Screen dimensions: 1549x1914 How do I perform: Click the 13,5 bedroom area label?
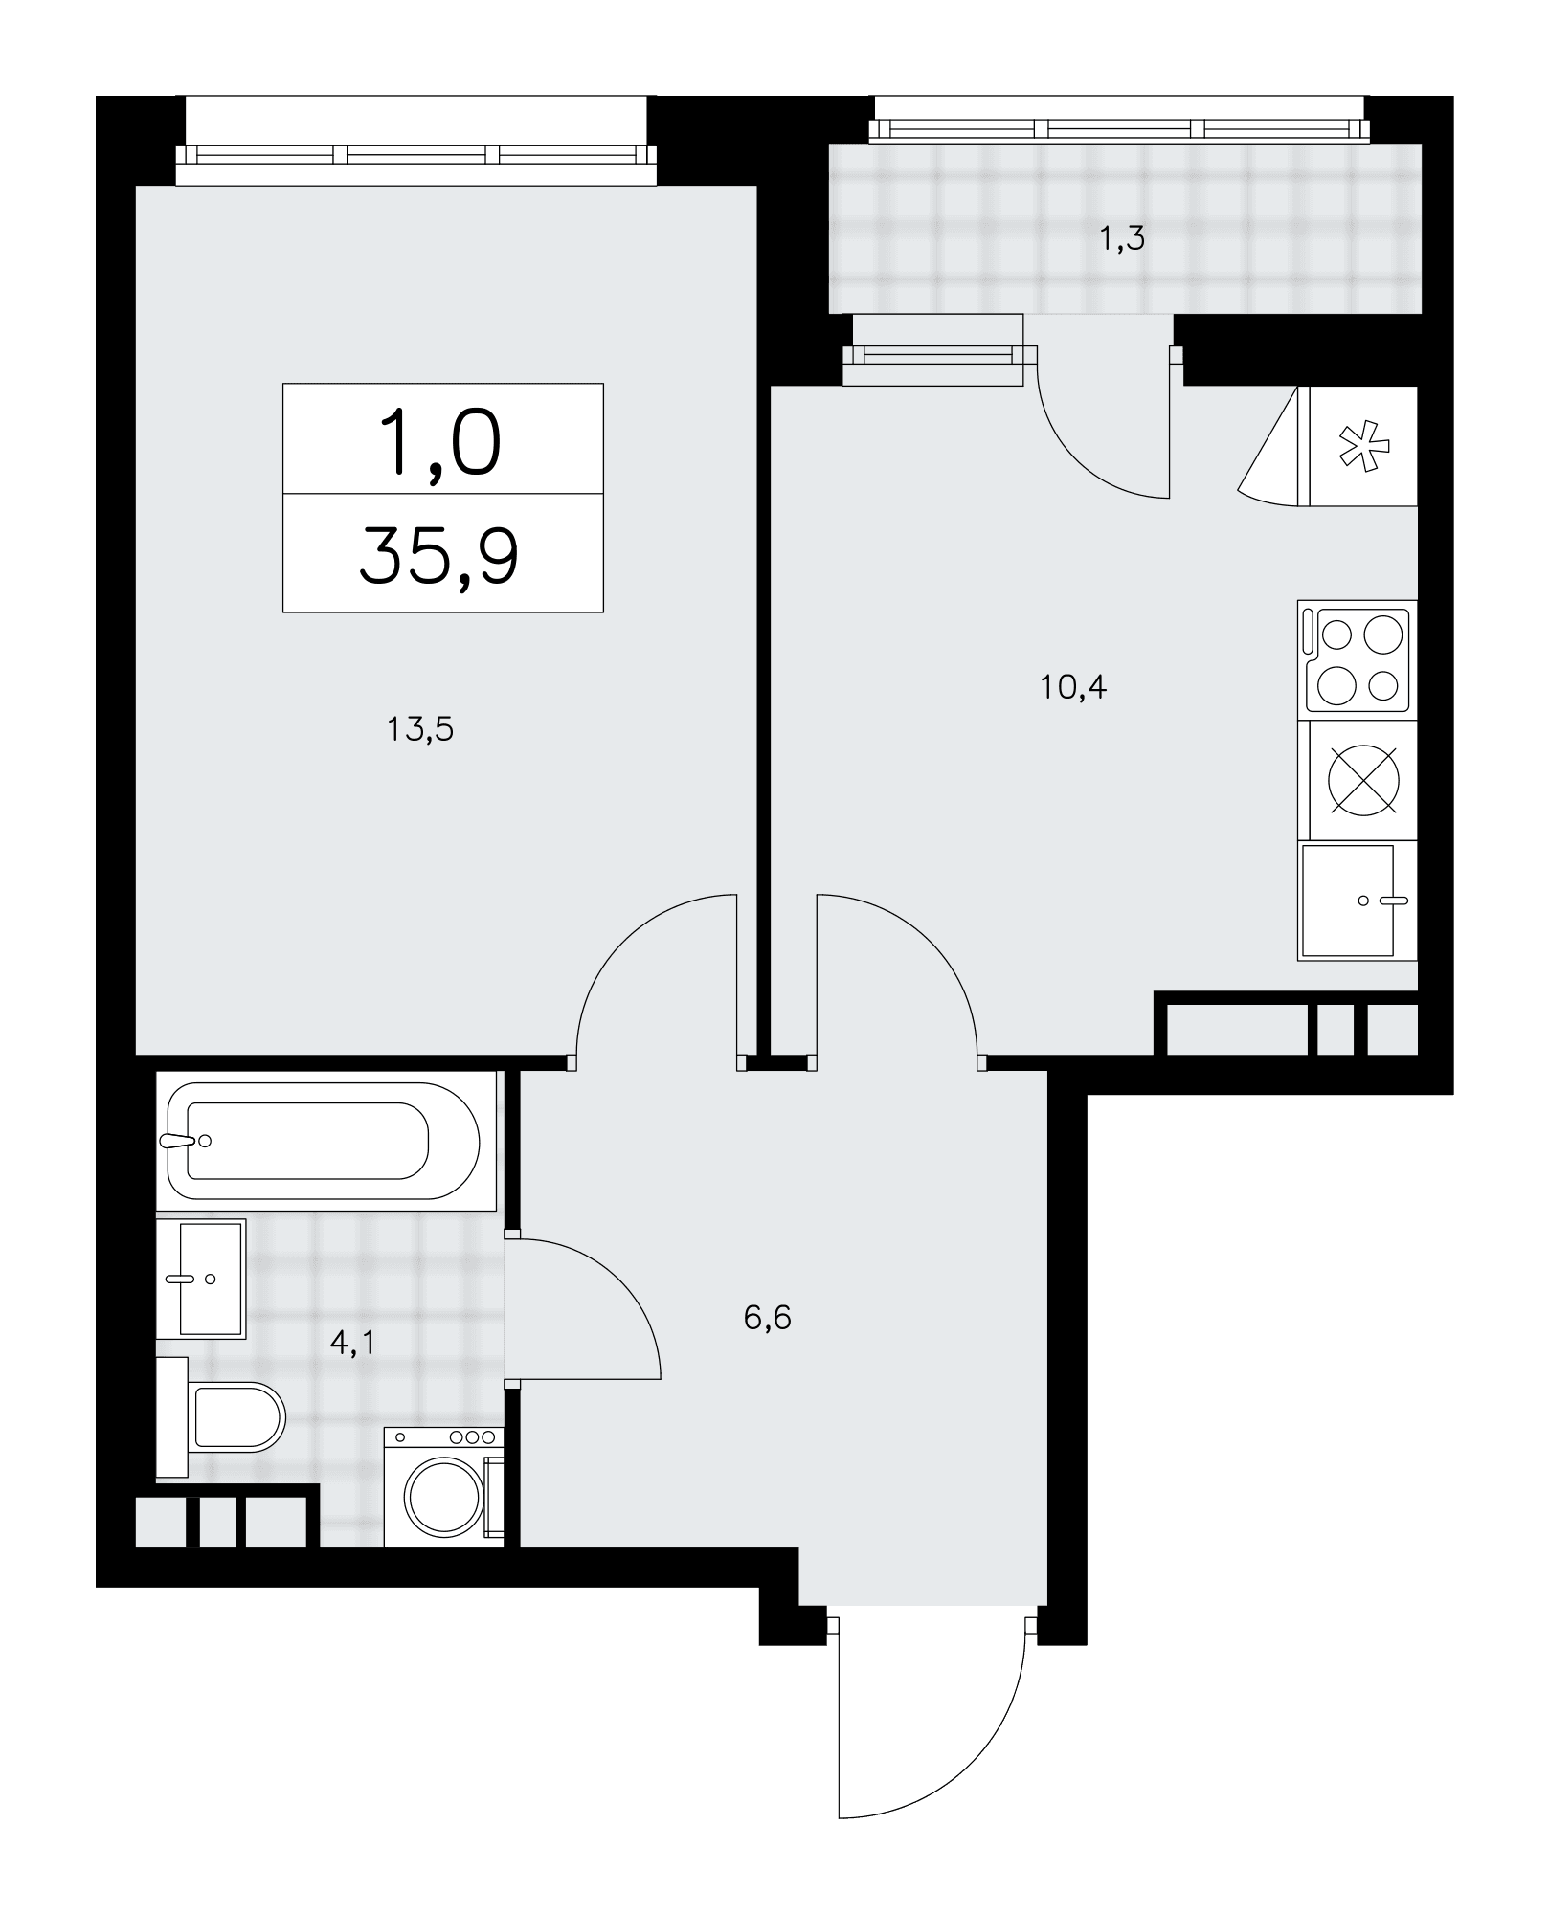coord(419,731)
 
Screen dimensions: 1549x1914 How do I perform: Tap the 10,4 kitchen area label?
coord(1073,687)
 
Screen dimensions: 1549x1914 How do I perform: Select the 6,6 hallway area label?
coord(767,1319)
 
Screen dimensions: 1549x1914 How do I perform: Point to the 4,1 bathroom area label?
coord(351,1343)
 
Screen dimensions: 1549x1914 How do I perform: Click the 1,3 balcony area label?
coord(1122,238)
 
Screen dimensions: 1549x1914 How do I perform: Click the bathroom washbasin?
coord(201,1278)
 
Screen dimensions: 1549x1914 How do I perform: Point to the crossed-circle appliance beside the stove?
coord(1363,780)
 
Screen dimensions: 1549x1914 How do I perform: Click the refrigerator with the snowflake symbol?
coord(1361,446)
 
